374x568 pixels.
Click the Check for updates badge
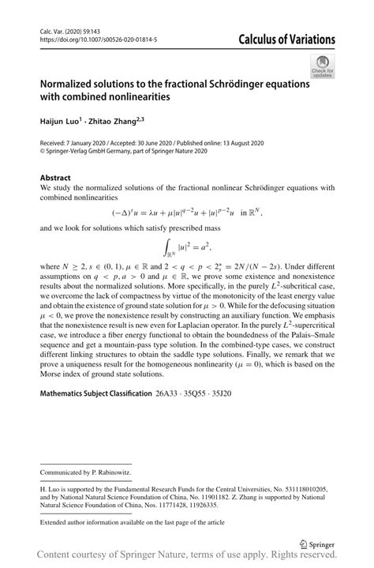(x=322, y=67)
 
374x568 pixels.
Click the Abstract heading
(x=55, y=178)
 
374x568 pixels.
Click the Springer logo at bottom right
(x=320, y=544)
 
